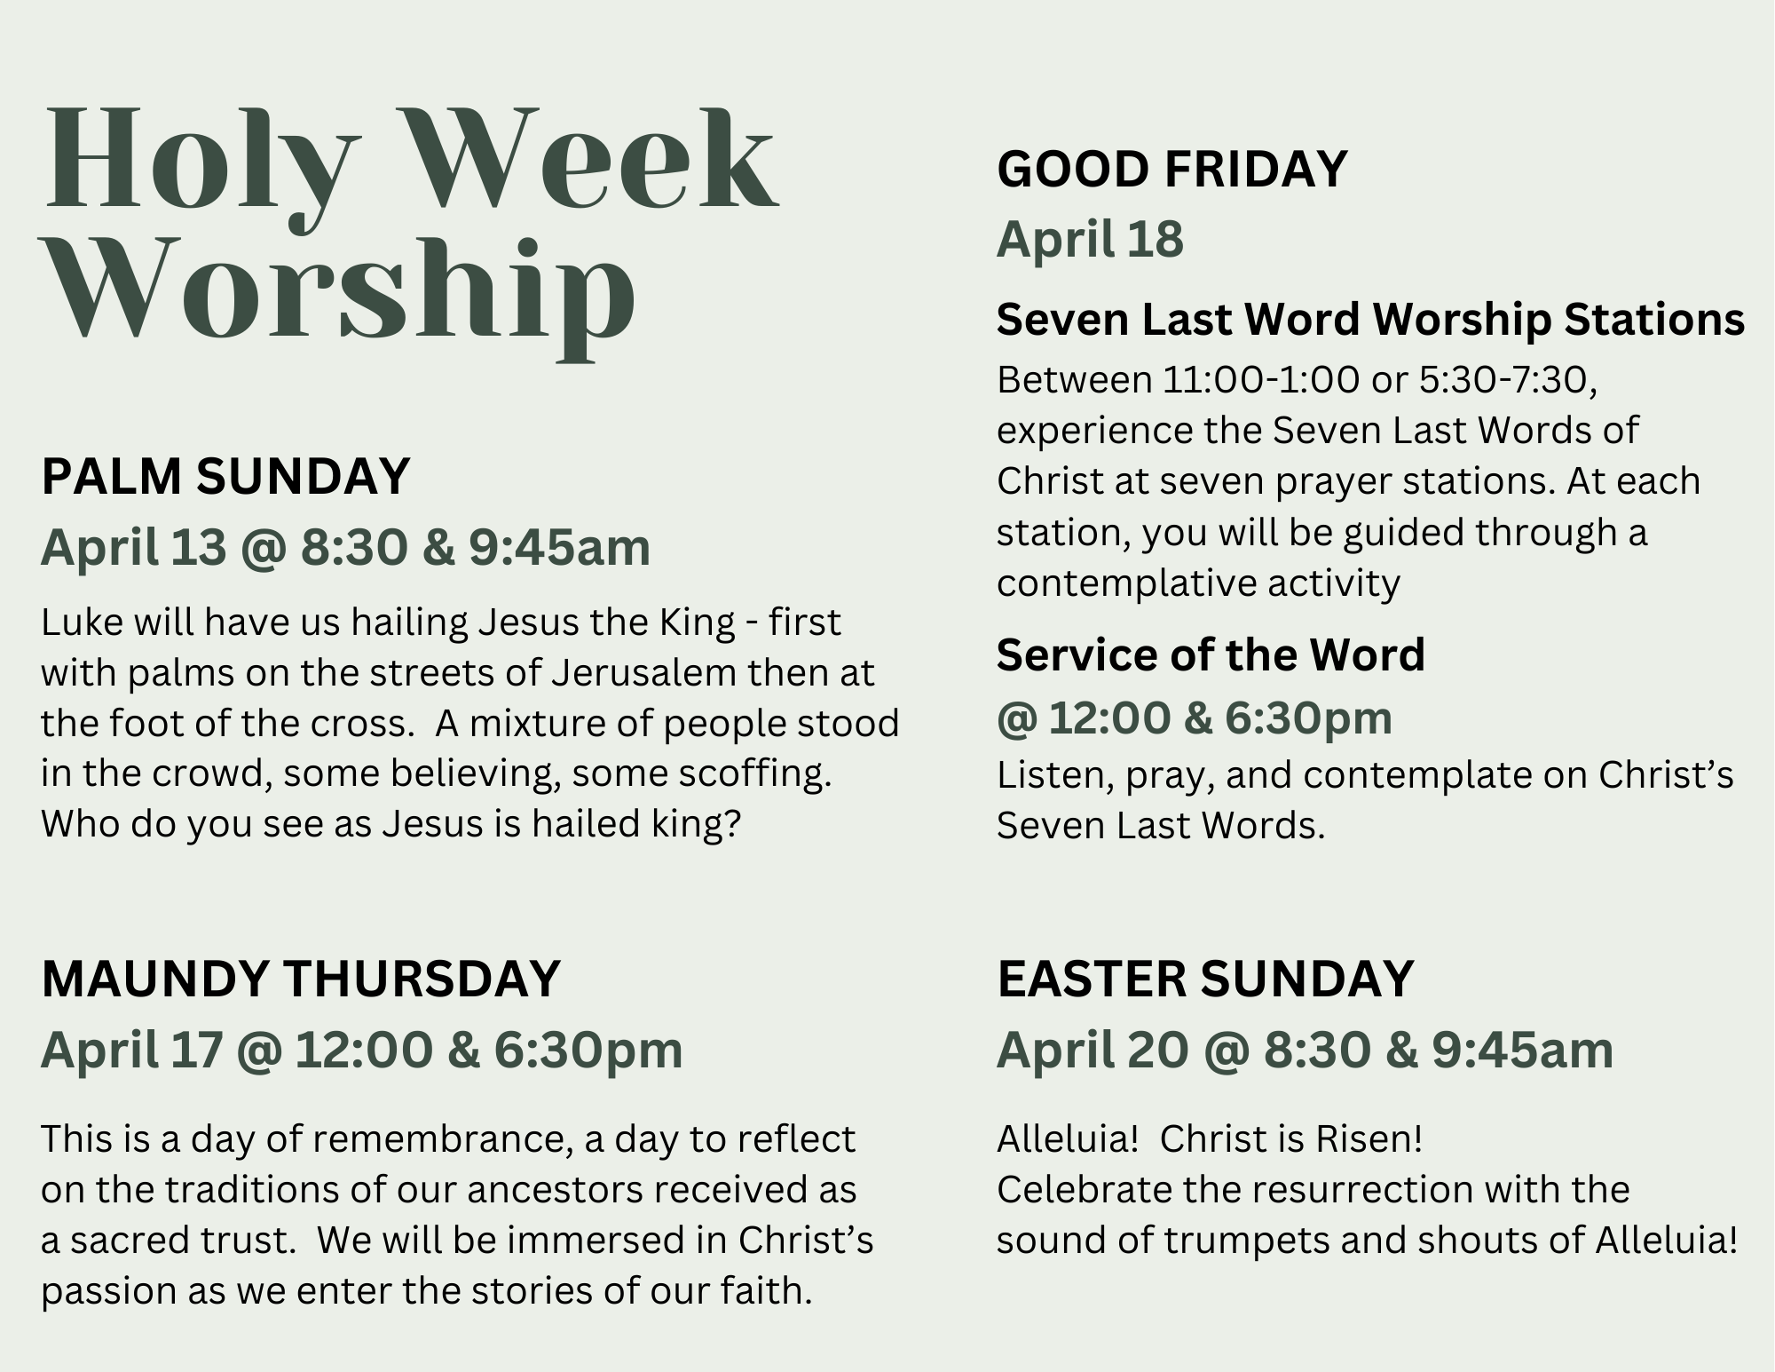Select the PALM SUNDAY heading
225,476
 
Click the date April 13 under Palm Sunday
134,546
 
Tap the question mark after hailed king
732,823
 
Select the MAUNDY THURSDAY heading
301,979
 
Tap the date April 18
1090,239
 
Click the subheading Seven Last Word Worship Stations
1371,320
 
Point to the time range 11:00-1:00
1261,380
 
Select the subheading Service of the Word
1211,654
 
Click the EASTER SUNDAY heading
1205,979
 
